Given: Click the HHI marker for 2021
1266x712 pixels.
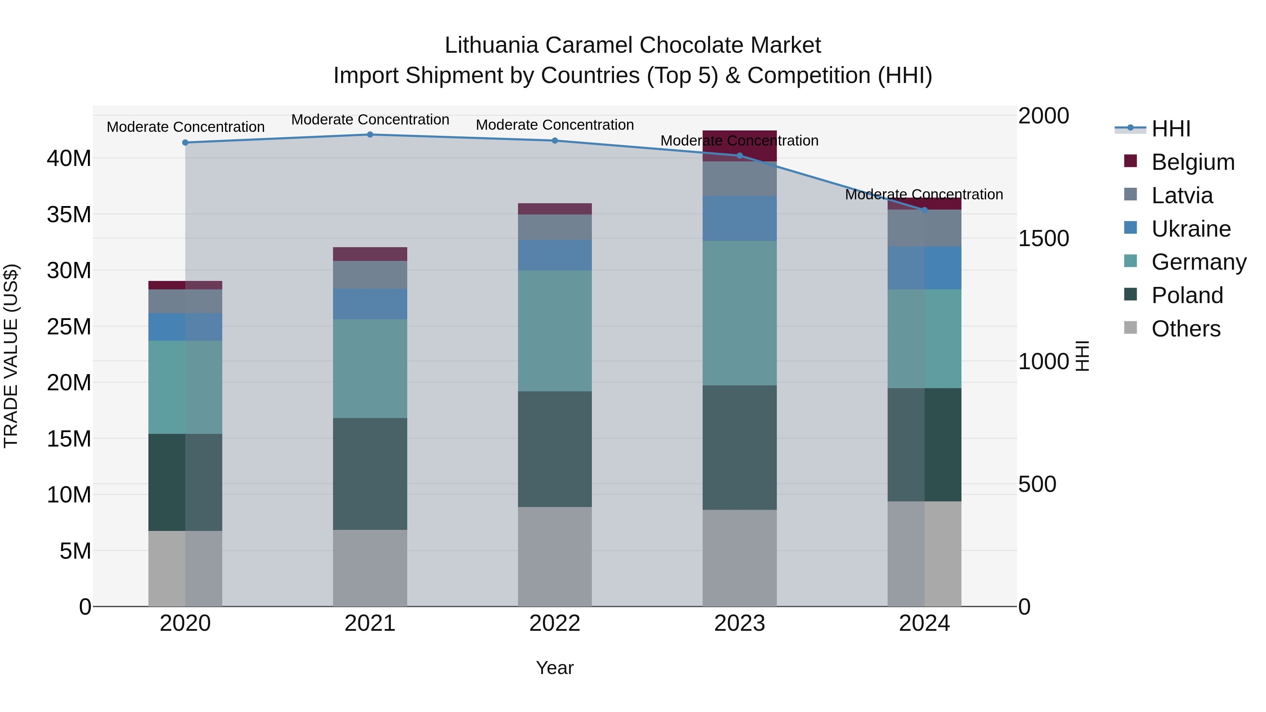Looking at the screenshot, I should [370, 135].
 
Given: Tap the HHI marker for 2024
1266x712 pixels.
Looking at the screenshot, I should [924, 210].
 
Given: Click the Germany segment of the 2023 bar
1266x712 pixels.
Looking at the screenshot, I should [739, 313].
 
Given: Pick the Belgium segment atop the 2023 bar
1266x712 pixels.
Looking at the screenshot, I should [739, 146].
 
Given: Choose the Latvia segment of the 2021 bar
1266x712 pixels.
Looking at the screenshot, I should [370, 275].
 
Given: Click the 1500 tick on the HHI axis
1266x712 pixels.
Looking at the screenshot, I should [1043, 239].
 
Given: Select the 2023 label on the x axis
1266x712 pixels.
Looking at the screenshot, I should [739, 623].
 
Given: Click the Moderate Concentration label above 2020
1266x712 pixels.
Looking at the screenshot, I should [185, 127].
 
